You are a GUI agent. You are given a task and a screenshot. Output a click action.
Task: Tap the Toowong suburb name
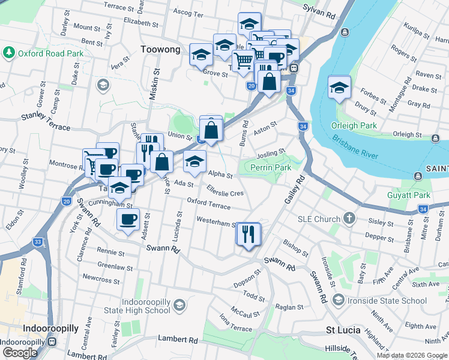pyautogui.click(x=160, y=50)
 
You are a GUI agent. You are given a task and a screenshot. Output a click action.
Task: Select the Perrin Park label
pyautogui.click(x=271, y=167)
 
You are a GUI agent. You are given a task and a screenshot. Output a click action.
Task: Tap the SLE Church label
pyautogui.click(x=319, y=219)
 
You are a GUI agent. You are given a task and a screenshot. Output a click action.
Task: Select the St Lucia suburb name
pyautogui.click(x=343, y=330)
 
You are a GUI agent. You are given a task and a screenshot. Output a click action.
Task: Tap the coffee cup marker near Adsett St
pyautogui.click(x=128, y=220)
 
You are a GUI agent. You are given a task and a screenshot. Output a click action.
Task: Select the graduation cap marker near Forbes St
pyautogui.click(x=339, y=88)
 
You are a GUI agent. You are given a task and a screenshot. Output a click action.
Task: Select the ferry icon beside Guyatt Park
pyautogui.click(x=418, y=176)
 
